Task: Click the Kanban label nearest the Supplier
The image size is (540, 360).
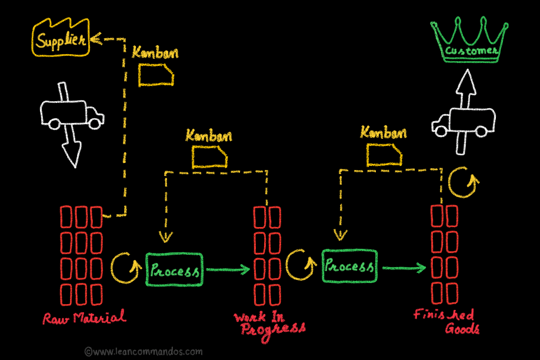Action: click(155, 52)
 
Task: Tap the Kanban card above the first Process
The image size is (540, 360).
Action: click(209, 156)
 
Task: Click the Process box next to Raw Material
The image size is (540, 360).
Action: click(174, 270)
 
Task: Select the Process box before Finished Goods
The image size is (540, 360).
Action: click(349, 267)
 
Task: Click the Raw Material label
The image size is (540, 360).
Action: click(84, 318)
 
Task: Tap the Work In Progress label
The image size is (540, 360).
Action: click(269, 323)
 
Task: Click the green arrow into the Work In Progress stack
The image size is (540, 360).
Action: click(229, 270)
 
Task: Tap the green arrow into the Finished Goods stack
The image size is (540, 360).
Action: click(404, 268)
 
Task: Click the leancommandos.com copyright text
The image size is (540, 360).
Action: click(144, 352)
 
